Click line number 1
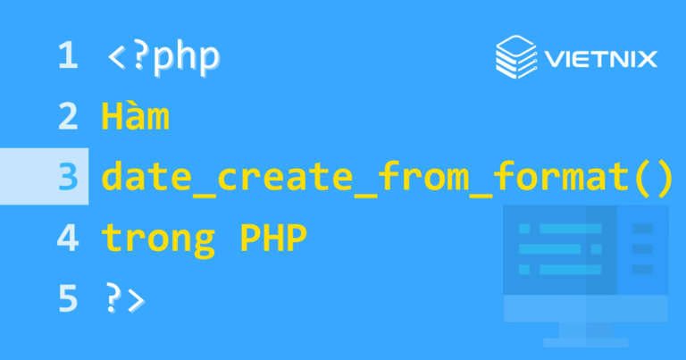click(68, 56)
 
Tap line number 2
click(68, 117)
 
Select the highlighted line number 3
click(68, 177)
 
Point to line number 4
click(68, 238)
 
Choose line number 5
click(68, 298)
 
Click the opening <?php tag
click(163, 57)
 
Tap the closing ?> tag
click(124, 298)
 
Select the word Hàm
click(136, 117)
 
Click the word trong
click(158, 239)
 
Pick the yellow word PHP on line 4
click(272, 239)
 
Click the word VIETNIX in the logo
click(599, 60)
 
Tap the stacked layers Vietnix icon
click(515, 56)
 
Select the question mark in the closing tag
click(113, 298)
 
